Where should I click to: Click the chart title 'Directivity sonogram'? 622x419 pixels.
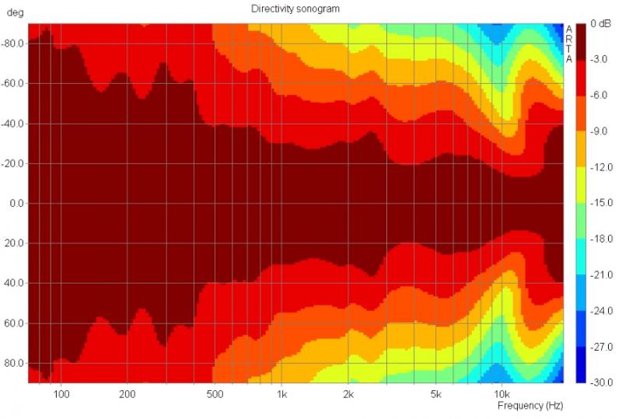[x=295, y=8]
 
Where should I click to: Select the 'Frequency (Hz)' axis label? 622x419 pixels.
[x=529, y=406]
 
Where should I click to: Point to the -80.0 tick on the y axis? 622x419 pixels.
[x=13, y=44]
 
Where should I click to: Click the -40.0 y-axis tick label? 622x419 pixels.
[x=13, y=124]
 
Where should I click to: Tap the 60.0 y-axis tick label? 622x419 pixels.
[x=16, y=323]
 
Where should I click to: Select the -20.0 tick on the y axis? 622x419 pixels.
[x=13, y=164]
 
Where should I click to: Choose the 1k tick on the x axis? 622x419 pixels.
[x=282, y=393]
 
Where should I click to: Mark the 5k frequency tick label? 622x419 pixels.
[x=436, y=393]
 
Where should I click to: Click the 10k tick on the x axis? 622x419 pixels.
[x=502, y=393]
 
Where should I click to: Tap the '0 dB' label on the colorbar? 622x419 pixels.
[x=599, y=25]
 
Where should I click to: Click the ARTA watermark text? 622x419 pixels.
[x=569, y=44]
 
